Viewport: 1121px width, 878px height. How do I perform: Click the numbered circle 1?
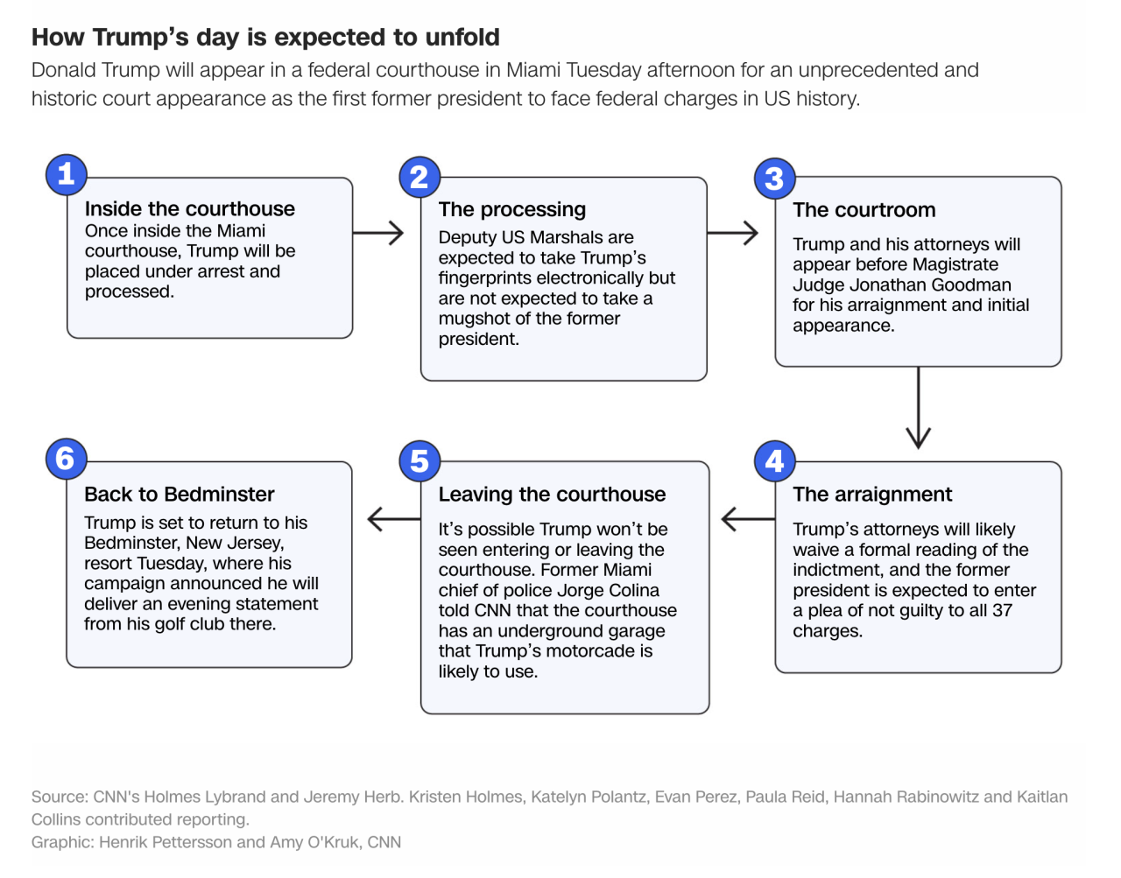tap(66, 174)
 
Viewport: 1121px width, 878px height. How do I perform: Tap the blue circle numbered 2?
tap(419, 177)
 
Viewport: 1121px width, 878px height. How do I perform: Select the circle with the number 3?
tap(774, 179)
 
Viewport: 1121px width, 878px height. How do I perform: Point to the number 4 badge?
tap(774, 461)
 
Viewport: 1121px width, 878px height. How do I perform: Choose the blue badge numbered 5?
tap(419, 461)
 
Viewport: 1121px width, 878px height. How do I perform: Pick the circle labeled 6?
tap(66, 459)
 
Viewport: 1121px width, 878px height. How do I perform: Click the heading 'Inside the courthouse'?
tap(190, 209)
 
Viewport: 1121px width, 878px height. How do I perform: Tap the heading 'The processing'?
tap(512, 210)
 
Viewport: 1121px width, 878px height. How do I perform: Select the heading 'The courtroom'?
tap(864, 210)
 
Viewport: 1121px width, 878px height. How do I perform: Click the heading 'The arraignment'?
tap(872, 495)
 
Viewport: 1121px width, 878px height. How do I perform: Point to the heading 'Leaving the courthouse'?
tap(552, 495)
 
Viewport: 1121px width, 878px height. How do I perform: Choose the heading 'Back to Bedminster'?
tap(179, 495)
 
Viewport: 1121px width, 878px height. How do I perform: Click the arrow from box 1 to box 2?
tap(378, 233)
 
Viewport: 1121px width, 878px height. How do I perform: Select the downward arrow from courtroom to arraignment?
tap(919, 408)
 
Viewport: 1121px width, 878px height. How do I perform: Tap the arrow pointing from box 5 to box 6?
tap(394, 518)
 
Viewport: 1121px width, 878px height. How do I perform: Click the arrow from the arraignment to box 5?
tap(748, 518)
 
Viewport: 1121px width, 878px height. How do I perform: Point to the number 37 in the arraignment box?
tap(1002, 610)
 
